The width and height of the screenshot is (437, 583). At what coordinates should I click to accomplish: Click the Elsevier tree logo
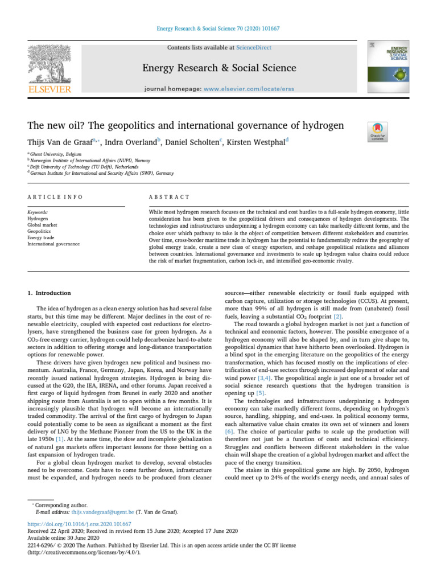(x=50, y=64)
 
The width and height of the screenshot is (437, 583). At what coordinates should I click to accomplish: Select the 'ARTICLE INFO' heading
(x=55, y=196)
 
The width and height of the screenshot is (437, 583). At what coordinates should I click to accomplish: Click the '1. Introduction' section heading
(x=50, y=293)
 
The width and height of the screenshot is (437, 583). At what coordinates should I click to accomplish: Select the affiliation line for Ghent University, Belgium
(x=56, y=154)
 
